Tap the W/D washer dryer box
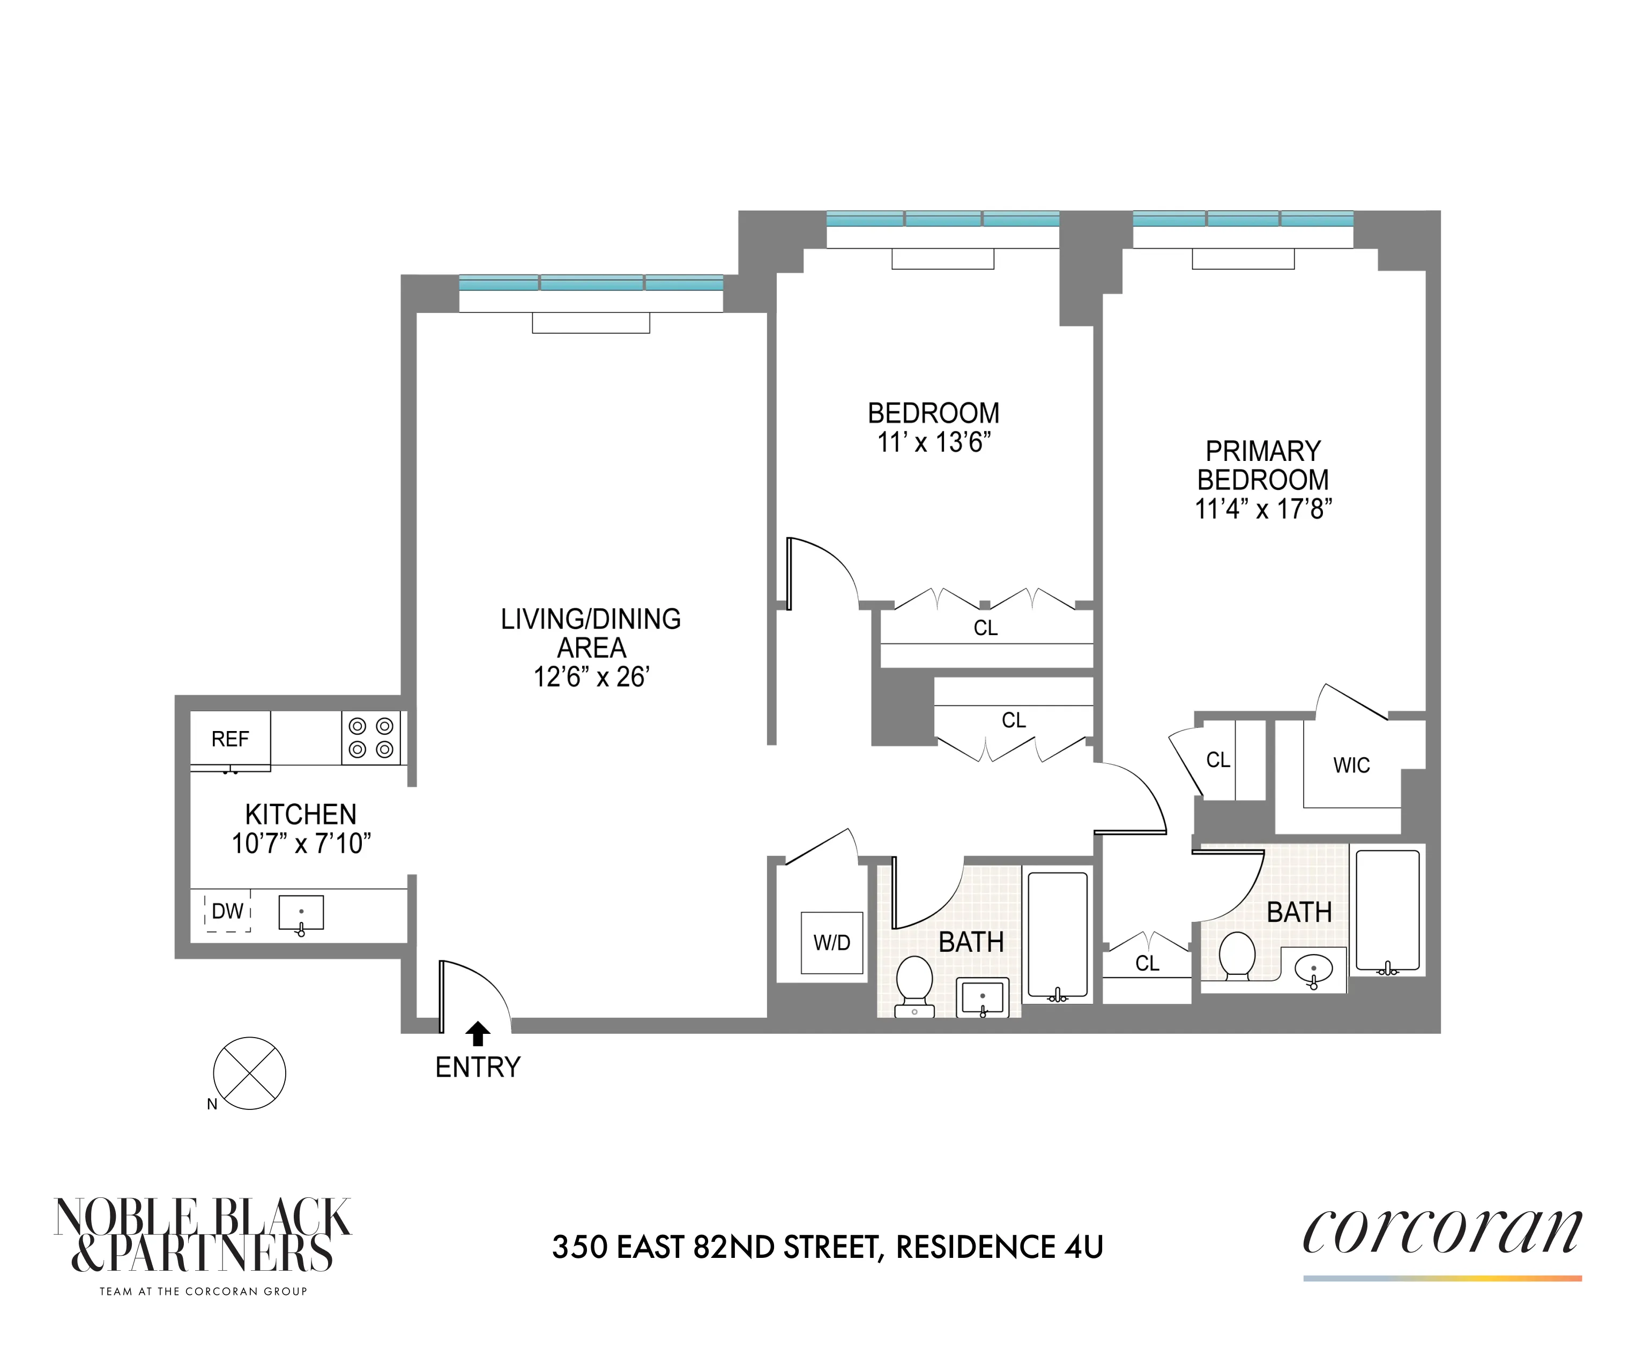(831, 943)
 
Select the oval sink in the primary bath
(1313, 969)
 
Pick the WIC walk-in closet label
(1351, 765)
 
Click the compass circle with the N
(249, 1073)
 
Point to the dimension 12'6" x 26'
(591, 677)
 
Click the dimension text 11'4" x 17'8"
(1263, 509)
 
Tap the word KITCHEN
(301, 814)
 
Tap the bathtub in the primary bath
(1387, 910)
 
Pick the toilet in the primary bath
(1237, 957)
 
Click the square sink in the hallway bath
(983, 997)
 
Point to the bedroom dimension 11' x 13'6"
(933, 442)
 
